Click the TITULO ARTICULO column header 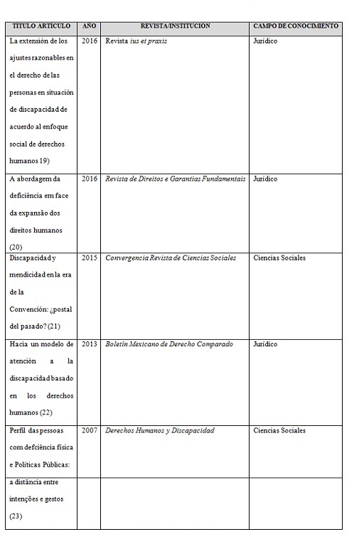(x=41, y=26)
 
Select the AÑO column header (x=89, y=26)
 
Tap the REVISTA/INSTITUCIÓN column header (x=175, y=26)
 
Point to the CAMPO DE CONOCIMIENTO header (x=296, y=26)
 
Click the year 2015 (x=89, y=257)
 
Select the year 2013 (x=89, y=344)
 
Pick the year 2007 (x=89, y=431)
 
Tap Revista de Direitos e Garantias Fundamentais (x=175, y=179)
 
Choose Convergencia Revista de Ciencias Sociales (x=170, y=257)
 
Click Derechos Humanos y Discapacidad (x=159, y=431)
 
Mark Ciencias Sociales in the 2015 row (x=279, y=257)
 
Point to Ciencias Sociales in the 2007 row (x=279, y=431)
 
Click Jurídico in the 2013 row (x=265, y=344)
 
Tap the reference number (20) (x=16, y=247)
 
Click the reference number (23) (x=16, y=516)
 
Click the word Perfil (x=18, y=431)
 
